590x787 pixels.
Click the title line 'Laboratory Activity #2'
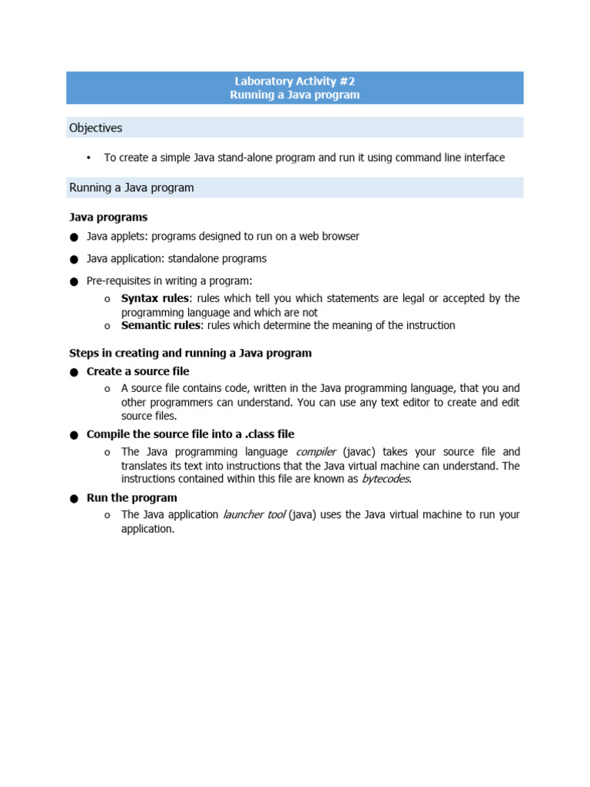294,81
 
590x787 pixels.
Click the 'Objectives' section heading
95,128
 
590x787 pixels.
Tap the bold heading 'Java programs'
108,218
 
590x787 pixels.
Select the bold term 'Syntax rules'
154,298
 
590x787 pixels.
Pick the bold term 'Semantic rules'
161,325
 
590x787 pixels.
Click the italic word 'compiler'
316,452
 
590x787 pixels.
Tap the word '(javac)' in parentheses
359,452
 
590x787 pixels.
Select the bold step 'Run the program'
131,497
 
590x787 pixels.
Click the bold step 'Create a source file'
138,371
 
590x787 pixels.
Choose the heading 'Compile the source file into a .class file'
190,434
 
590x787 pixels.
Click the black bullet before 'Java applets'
74,237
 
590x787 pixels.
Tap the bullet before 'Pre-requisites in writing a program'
74,282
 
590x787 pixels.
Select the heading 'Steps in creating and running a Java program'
191,353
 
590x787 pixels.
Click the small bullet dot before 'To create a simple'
88,158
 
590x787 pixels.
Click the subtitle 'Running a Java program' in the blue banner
294,95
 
